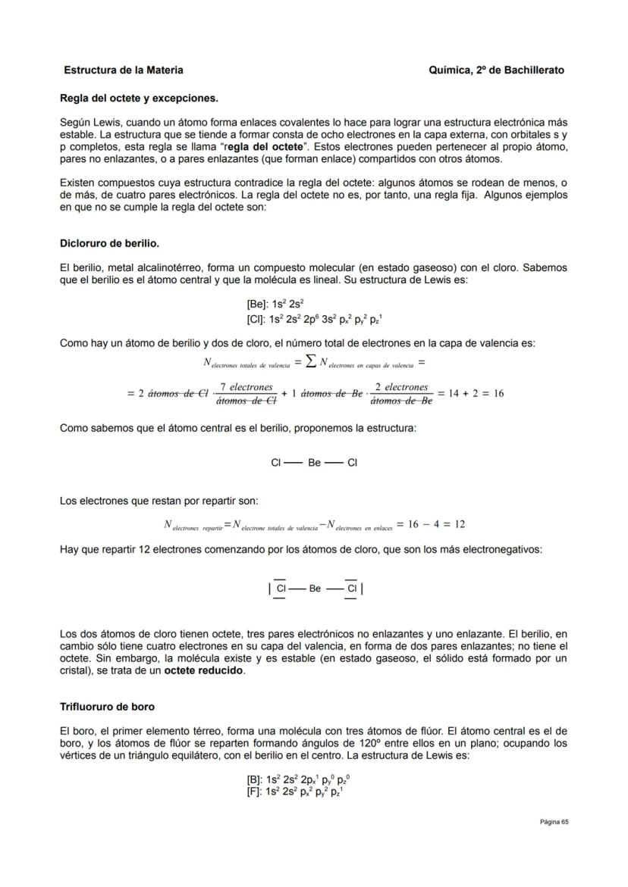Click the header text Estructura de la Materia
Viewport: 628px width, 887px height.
[x=123, y=70]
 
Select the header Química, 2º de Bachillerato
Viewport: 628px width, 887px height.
[x=496, y=70]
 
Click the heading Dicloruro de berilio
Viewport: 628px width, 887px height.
[x=109, y=244]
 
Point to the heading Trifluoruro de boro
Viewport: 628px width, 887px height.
[x=107, y=707]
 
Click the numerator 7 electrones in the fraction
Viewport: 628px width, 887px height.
[x=246, y=387]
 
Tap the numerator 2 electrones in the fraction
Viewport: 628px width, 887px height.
[x=401, y=387]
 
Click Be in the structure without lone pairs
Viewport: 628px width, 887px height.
[x=314, y=463]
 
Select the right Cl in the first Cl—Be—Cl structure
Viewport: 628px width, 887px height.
[x=352, y=463]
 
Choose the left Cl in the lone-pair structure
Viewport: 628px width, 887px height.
[x=280, y=588]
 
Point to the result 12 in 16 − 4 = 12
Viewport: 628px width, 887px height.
[x=460, y=524]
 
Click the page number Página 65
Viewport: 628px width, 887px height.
[x=554, y=822]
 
